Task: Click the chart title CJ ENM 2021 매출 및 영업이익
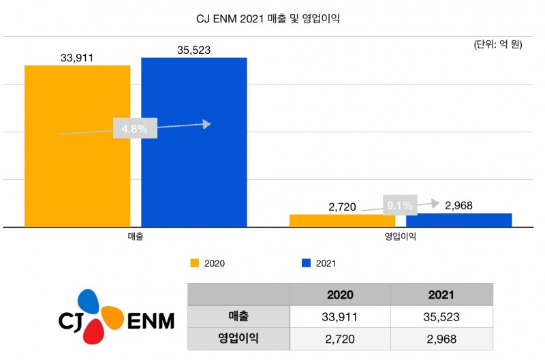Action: click(x=272, y=19)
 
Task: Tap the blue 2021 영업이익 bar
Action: click(x=458, y=220)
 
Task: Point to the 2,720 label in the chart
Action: click(x=342, y=207)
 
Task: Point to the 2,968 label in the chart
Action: click(x=458, y=205)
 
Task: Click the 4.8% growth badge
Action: click(x=135, y=128)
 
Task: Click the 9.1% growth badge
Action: click(x=399, y=205)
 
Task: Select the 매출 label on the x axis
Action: click(x=135, y=237)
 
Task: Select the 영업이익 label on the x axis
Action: click(x=400, y=237)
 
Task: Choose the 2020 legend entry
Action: click(x=208, y=262)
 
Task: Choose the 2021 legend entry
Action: click(x=319, y=262)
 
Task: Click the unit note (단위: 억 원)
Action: click(x=498, y=45)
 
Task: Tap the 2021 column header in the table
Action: click(x=441, y=295)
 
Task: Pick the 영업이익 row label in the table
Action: click(x=238, y=337)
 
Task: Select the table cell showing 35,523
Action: click(x=441, y=316)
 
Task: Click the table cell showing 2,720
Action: click(x=340, y=337)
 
